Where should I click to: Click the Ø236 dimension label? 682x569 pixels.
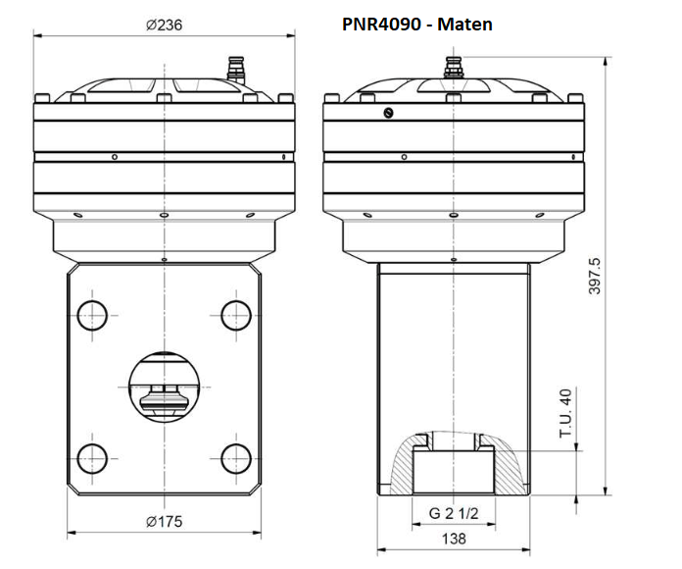(164, 25)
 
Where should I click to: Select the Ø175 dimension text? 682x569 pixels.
(164, 521)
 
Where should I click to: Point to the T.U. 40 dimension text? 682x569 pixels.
(565, 413)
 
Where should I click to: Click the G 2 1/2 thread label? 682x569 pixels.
(452, 513)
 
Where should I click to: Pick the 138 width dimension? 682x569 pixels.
(452, 539)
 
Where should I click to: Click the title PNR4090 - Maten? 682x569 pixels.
(417, 24)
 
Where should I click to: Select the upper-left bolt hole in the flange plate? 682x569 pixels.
(93, 315)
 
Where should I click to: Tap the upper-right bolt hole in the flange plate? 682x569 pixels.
(235, 315)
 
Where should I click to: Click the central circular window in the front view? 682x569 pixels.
(164, 386)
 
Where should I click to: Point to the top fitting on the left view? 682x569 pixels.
(234, 72)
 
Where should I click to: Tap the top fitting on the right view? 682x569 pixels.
(453, 69)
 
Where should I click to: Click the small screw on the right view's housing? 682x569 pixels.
(389, 113)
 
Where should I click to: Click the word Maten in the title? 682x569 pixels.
(465, 24)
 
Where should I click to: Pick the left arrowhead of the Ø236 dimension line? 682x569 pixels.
(38, 36)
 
